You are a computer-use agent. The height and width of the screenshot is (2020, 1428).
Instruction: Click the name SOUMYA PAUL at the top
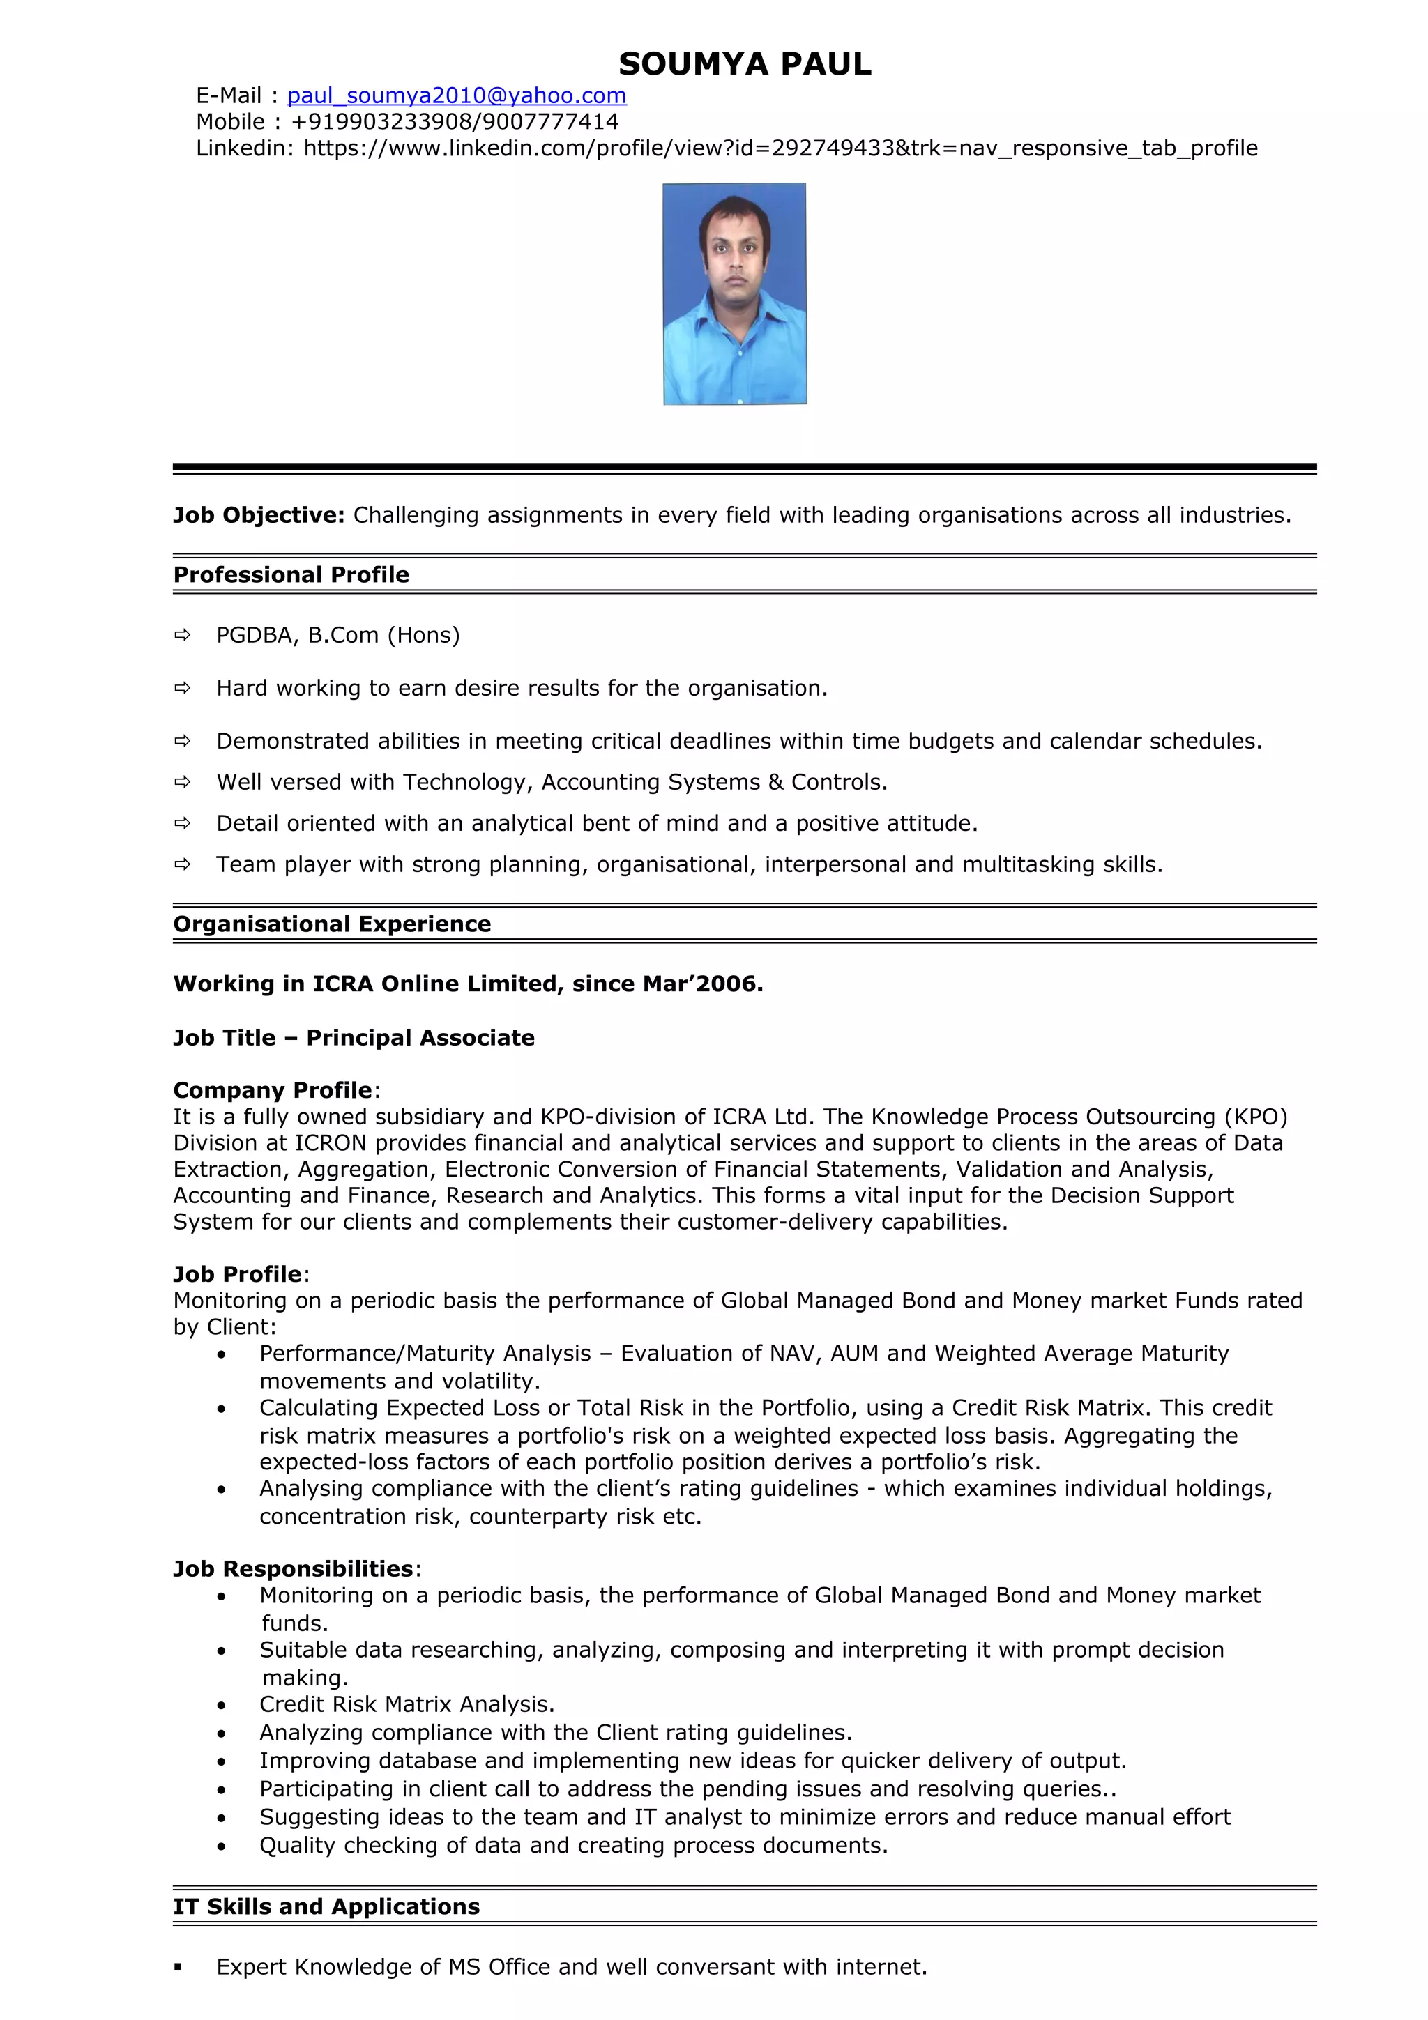click(745, 64)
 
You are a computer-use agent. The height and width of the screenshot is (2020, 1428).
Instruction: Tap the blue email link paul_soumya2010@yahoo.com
click(457, 96)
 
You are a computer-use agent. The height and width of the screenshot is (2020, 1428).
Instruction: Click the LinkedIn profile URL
click(780, 148)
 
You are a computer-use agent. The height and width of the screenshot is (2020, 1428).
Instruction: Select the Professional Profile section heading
click(291, 575)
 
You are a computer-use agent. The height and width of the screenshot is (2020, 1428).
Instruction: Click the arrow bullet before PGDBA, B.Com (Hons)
click(182, 635)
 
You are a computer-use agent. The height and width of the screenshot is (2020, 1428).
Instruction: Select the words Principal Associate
click(420, 1038)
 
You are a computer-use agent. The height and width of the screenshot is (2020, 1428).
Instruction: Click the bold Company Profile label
click(273, 1091)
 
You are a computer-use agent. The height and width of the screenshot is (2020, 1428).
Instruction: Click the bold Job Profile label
click(238, 1275)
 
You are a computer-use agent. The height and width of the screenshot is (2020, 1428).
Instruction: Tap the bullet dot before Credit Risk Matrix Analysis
click(222, 1706)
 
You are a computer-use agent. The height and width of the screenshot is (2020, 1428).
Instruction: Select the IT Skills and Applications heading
click(326, 1907)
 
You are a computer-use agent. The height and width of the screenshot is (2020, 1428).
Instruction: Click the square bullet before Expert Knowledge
click(178, 1967)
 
